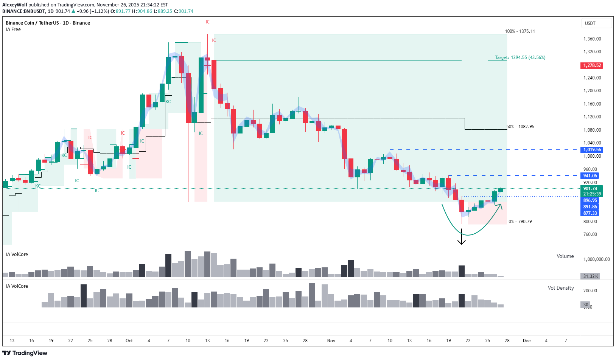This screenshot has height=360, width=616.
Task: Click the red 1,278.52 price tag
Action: coord(591,65)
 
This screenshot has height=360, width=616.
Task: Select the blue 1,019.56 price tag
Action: coord(591,150)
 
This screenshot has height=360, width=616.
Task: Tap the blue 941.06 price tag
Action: coord(590,176)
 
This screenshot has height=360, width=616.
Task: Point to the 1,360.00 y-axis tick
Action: coord(592,39)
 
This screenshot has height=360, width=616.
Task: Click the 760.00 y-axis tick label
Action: coord(590,234)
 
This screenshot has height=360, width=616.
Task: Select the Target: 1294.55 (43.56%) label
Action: coord(520,57)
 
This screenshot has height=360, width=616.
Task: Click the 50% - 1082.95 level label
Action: coord(520,127)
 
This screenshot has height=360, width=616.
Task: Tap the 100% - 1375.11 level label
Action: coord(520,31)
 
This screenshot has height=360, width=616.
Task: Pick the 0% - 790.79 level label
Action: coord(520,222)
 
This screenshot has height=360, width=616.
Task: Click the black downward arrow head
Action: coord(461,242)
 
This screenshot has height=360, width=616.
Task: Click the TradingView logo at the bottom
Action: coord(25,353)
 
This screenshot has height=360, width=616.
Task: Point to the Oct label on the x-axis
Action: coord(129,341)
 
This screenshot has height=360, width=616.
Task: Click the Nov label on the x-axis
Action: coord(331,341)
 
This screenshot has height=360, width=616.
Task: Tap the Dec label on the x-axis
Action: coord(526,341)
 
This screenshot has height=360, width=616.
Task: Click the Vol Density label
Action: coord(560,288)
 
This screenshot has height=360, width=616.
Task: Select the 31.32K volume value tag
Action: coord(590,276)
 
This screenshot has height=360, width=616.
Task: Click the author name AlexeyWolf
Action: coord(15,5)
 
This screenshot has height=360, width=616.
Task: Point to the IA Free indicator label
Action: coord(13,29)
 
